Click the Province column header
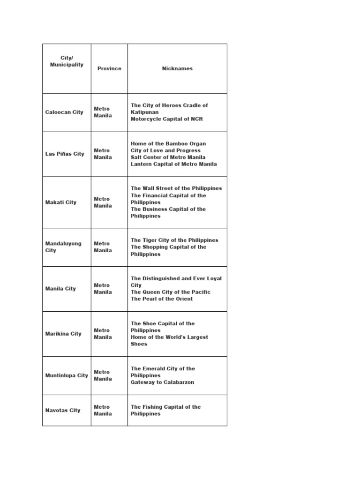[109, 68]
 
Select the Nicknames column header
[177, 68]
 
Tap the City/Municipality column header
[67, 61]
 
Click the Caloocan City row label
[64, 112]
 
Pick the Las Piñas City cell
[65, 154]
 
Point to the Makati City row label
[61, 202]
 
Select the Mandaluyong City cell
[63, 247]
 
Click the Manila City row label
[60, 289]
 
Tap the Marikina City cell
[63, 334]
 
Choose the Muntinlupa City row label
[67, 375]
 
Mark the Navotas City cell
[63, 410]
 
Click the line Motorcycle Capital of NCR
[167, 119]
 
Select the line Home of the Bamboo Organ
[168, 143]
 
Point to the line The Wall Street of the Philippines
[176, 188]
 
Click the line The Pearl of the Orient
[162, 299]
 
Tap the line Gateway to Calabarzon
[162, 382]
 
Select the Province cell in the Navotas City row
[103, 410]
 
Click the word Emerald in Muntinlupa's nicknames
[156, 368]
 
